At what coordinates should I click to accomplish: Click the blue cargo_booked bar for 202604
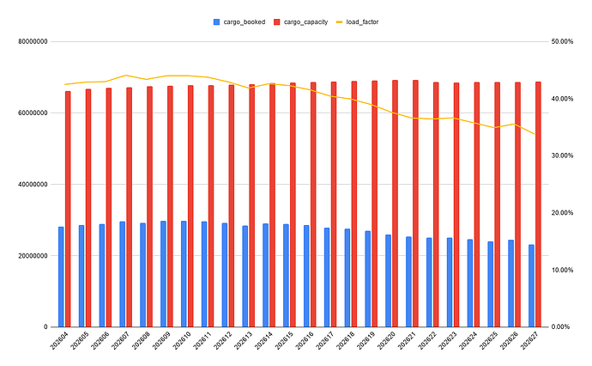tap(61, 277)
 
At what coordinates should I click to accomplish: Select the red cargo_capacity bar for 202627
tap(538, 204)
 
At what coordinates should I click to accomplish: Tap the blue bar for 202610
tap(184, 274)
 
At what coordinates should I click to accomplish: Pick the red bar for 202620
tap(395, 204)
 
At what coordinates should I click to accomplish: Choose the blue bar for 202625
tap(491, 284)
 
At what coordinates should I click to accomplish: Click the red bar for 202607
tap(129, 207)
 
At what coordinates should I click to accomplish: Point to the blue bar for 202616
tap(306, 277)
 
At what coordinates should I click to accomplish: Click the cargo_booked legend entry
tap(239, 22)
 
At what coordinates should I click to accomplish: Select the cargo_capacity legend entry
tap(301, 22)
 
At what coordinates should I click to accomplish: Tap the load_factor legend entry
tap(357, 22)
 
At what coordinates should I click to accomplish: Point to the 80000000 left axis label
tap(33, 41)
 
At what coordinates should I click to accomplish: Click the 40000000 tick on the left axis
tap(33, 185)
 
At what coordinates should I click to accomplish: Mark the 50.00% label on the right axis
tap(562, 41)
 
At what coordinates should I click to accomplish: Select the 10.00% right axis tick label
tap(562, 270)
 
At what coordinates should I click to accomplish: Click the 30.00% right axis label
tap(562, 156)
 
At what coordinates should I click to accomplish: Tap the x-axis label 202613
tap(244, 340)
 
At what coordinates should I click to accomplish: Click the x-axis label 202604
tap(59, 340)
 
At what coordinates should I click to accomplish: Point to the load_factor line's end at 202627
tap(535, 134)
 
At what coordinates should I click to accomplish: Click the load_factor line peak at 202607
tap(126, 76)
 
